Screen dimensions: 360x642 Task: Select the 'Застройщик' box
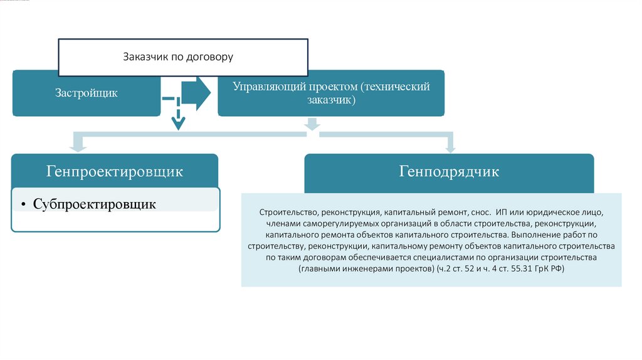pyautogui.click(x=85, y=93)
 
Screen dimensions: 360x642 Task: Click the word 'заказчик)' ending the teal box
pyautogui.click(x=332, y=100)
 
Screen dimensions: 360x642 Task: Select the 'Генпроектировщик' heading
pyautogui.click(x=114, y=171)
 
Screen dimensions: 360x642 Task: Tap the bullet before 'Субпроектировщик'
pyautogui.click(x=23, y=204)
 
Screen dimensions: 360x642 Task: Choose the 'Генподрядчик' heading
pyautogui.click(x=449, y=171)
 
